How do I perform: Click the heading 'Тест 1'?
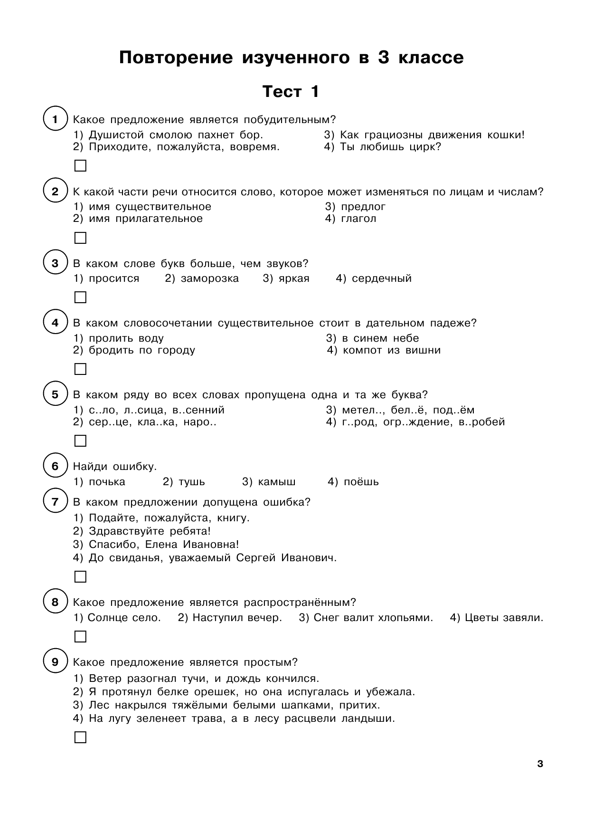pos(291,91)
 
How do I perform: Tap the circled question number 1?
pos(55,119)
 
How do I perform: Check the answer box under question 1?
pos(81,166)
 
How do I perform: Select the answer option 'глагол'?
pos(358,219)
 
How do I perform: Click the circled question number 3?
pos(55,263)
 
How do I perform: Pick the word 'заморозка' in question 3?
pos(209,278)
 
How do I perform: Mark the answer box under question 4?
pos(81,369)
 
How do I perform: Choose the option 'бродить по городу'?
pos(141,350)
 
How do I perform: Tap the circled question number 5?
pos(55,394)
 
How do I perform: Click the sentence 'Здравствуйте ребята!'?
pos(149,531)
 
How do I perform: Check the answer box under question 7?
pos(81,577)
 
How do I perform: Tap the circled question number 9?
pos(55,662)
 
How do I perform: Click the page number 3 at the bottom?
pos(539,764)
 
